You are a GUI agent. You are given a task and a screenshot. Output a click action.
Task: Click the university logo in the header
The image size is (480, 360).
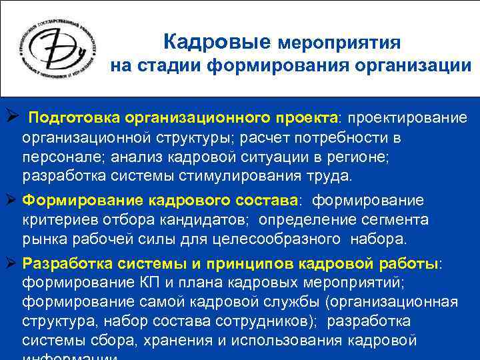(x=56, y=49)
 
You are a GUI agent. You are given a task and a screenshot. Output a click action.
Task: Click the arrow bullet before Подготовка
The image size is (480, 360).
(x=10, y=117)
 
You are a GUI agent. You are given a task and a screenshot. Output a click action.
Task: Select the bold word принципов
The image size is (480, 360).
(x=255, y=263)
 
